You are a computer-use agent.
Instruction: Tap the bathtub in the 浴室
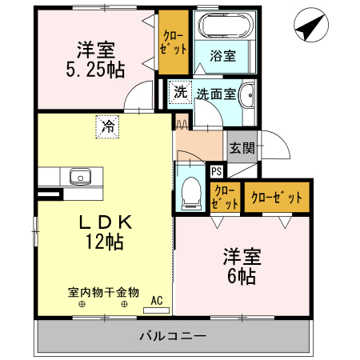224,26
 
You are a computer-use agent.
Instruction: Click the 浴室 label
223,55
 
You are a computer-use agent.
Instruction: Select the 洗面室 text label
215,93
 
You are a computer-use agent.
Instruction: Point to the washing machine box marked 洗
180,92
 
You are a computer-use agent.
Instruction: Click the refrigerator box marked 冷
106,126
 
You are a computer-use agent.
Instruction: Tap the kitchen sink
80,176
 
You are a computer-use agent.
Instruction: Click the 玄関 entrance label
242,148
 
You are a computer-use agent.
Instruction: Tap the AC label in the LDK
157,300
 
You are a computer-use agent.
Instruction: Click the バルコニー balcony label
173,334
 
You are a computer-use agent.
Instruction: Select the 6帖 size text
241,277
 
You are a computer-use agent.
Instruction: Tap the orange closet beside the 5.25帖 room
172,40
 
